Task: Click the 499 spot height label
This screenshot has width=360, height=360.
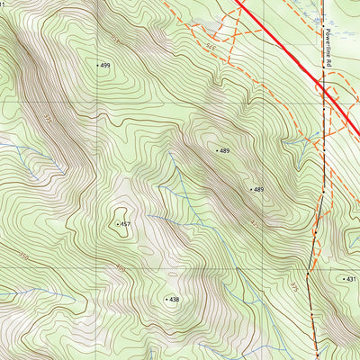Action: [x=106, y=66]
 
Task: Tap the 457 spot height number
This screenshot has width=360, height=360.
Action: [x=126, y=223]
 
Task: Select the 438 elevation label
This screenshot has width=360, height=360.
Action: [x=175, y=299]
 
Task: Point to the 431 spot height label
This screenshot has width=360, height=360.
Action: [x=352, y=280]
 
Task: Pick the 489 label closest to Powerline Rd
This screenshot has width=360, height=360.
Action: [x=259, y=190]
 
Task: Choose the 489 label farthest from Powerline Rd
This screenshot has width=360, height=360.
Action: [x=225, y=151]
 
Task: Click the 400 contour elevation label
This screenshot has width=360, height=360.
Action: [x=120, y=267]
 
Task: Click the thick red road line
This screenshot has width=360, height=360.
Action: [x=279, y=40]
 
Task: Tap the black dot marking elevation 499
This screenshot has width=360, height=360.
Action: [x=97, y=66]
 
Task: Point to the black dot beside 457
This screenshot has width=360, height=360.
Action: [x=117, y=223]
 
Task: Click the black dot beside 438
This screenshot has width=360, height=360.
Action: [x=166, y=299]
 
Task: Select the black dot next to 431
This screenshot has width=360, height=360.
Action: [x=343, y=280]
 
